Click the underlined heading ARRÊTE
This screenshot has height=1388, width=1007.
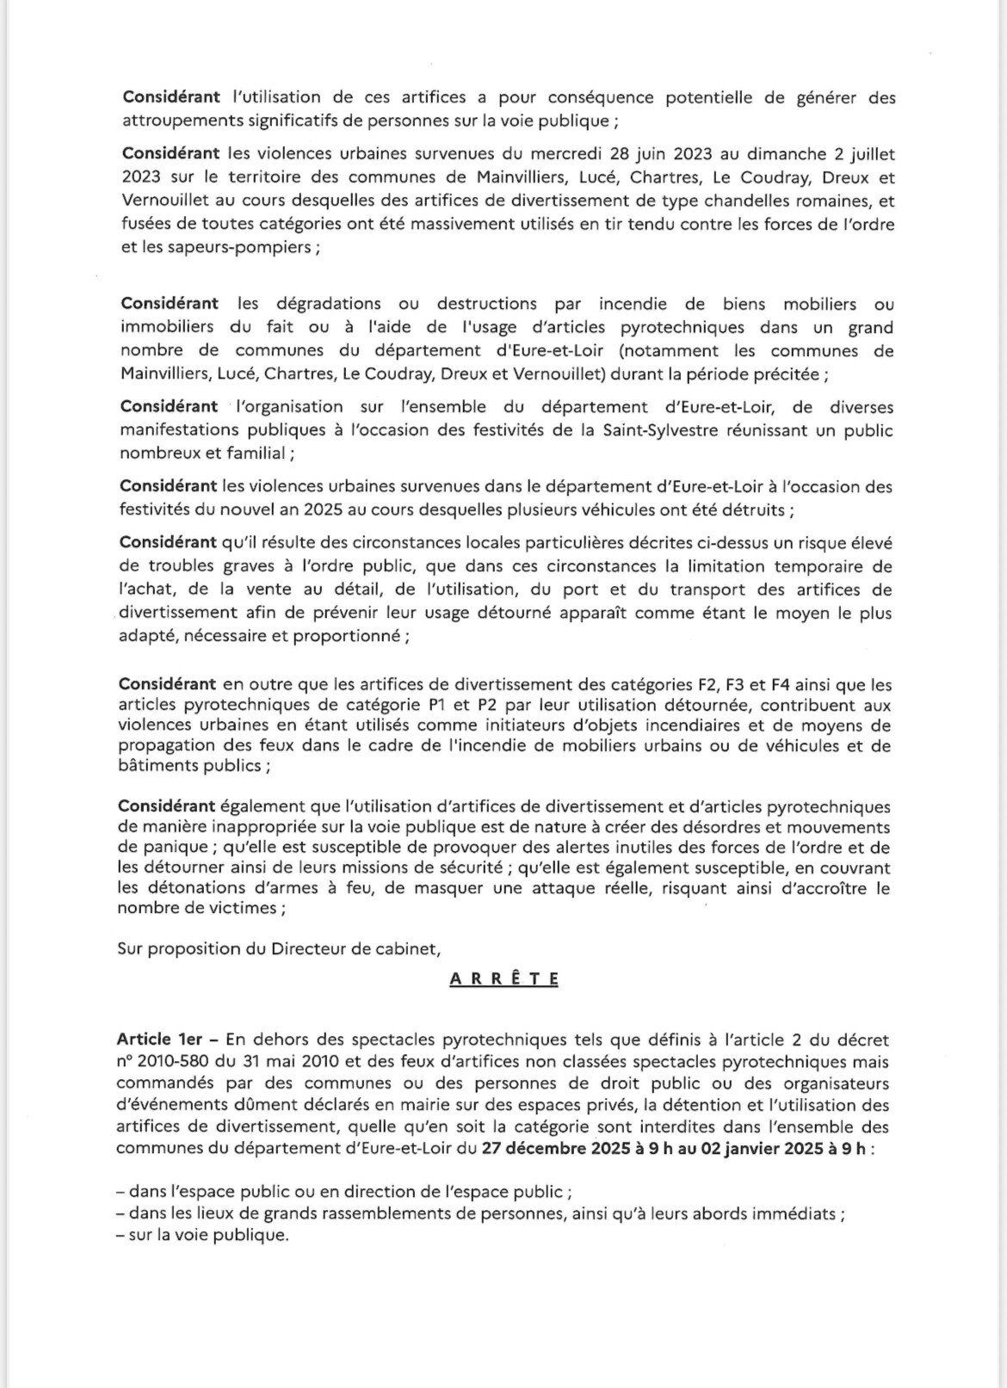tap(504, 978)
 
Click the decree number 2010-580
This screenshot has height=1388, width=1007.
tap(171, 1062)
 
